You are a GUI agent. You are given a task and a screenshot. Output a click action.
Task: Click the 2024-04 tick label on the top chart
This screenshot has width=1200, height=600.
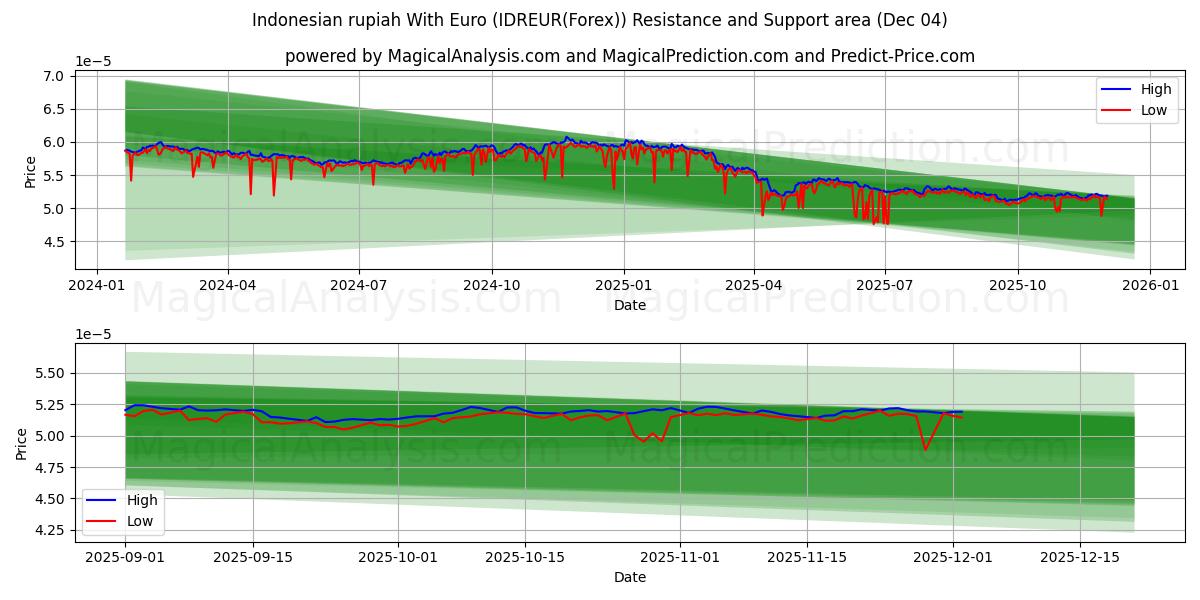pos(228,284)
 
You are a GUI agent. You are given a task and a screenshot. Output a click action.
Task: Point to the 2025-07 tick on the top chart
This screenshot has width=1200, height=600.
pos(885,284)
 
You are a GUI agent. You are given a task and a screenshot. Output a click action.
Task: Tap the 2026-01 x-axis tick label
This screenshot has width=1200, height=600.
pos(1149,284)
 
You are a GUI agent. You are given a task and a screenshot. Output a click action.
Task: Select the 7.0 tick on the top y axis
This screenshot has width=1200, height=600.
pos(54,76)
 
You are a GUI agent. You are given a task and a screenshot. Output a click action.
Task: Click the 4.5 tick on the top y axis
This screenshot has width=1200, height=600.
pos(54,242)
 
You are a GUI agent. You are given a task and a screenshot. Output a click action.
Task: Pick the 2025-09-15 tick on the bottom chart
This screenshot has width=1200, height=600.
pos(252,556)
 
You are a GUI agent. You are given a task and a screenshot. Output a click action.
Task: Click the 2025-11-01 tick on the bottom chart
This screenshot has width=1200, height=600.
pos(680,556)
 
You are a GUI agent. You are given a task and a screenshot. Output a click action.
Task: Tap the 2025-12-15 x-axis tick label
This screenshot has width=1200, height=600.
pos(1080,556)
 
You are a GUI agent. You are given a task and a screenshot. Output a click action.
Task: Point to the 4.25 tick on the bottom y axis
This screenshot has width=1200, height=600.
pos(48,530)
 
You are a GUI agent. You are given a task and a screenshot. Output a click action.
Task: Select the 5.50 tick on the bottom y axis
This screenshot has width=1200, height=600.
pos(48,373)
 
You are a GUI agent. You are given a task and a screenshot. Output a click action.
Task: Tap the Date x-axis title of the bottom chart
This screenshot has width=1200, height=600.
pos(630,577)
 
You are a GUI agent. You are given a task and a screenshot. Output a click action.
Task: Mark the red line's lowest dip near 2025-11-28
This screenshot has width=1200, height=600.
pos(925,449)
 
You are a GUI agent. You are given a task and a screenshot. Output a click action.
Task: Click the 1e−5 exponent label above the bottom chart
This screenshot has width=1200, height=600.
pos(93,334)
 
